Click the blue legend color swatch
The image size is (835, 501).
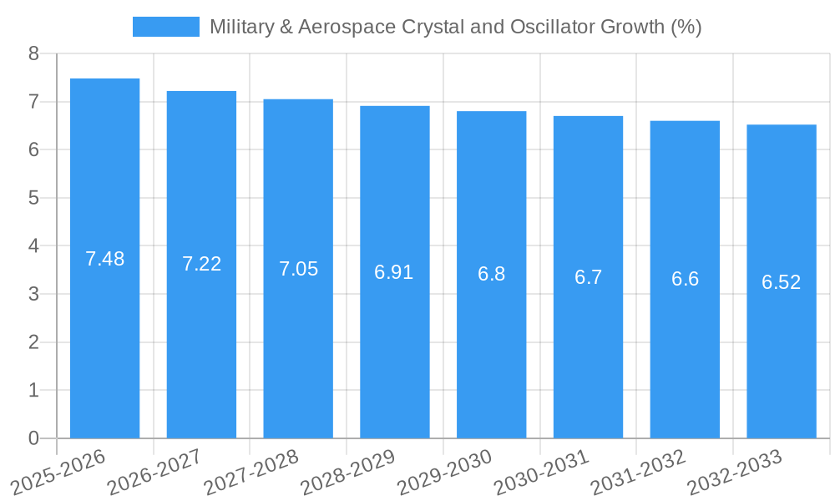(166, 27)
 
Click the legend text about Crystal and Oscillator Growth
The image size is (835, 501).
(455, 27)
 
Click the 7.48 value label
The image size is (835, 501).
(104, 259)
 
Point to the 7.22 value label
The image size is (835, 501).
(201, 264)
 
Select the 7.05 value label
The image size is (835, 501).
(298, 269)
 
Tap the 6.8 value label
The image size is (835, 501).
(491, 274)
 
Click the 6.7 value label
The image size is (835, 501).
(588, 277)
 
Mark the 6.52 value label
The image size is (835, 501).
(782, 282)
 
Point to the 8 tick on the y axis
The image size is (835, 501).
(33, 54)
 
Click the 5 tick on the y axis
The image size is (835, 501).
(33, 198)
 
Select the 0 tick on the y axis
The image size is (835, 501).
(33, 438)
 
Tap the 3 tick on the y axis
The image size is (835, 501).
(33, 294)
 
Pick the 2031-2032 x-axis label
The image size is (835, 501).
(639, 472)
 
